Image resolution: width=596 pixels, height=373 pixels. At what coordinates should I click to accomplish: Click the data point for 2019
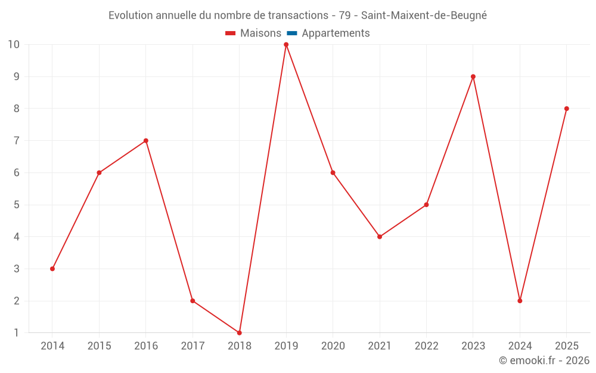coord(286,45)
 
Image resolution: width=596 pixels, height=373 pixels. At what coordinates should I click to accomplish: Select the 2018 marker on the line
coord(240,333)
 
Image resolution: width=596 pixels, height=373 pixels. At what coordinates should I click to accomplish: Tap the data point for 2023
coord(473,76)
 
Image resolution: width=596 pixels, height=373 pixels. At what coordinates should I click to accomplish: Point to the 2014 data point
coord(52,269)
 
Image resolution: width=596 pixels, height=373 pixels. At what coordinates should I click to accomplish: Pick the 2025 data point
coord(567,109)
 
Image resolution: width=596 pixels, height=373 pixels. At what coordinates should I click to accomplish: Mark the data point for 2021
coord(380,237)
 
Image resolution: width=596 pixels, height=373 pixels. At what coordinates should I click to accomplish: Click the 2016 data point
coord(146,141)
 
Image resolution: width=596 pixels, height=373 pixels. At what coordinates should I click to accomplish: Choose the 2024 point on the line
coord(520,301)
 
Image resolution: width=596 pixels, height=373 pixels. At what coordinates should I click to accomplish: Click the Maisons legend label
coord(261,33)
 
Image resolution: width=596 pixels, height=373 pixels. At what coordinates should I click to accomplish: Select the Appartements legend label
coord(336,33)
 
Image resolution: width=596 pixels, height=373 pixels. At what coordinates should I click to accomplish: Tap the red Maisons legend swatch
coord(230,33)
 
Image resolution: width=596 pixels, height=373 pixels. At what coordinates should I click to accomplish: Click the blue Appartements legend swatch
coord(292,33)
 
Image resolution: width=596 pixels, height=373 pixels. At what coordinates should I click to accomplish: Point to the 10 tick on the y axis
coord(13,45)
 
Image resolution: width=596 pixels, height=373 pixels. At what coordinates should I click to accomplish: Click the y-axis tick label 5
coord(16,205)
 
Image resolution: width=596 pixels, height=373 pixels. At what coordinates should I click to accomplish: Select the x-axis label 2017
coord(193,346)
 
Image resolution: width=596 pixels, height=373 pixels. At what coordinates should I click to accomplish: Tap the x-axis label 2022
coord(427,346)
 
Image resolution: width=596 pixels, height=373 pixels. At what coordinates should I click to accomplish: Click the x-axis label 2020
coord(333,346)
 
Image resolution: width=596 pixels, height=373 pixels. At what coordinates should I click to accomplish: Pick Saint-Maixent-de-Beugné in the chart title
coord(424,16)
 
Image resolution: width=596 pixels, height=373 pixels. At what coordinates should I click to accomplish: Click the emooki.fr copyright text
coord(544,360)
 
